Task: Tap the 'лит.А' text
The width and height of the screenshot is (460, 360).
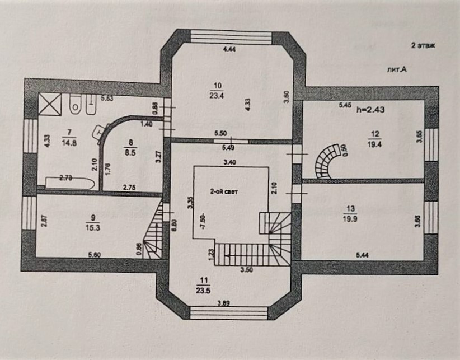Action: (x=396, y=69)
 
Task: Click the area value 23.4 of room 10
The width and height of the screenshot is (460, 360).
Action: (x=218, y=95)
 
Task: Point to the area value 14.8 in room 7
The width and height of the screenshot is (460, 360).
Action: (x=69, y=142)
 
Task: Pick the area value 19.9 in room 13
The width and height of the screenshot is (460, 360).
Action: (x=351, y=219)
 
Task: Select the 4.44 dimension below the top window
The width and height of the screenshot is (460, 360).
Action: (x=229, y=50)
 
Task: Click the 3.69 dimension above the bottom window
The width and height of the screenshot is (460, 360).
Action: (x=224, y=303)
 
